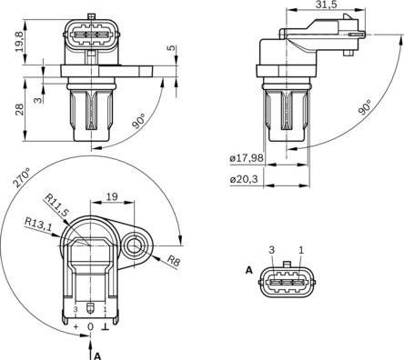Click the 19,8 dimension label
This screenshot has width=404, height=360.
(x=20, y=41)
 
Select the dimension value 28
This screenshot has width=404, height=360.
(x=20, y=109)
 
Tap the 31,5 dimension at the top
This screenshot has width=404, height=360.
(x=326, y=5)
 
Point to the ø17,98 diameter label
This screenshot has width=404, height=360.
(x=247, y=158)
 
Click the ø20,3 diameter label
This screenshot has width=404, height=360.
(x=244, y=179)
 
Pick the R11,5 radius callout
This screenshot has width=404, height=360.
(x=56, y=205)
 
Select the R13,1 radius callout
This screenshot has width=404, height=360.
(x=38, y=224)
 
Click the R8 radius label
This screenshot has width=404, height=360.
(x=174, y=261)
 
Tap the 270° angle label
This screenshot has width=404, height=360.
(x=22, y=177)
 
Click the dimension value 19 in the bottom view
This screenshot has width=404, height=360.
(x=112, y=196)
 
